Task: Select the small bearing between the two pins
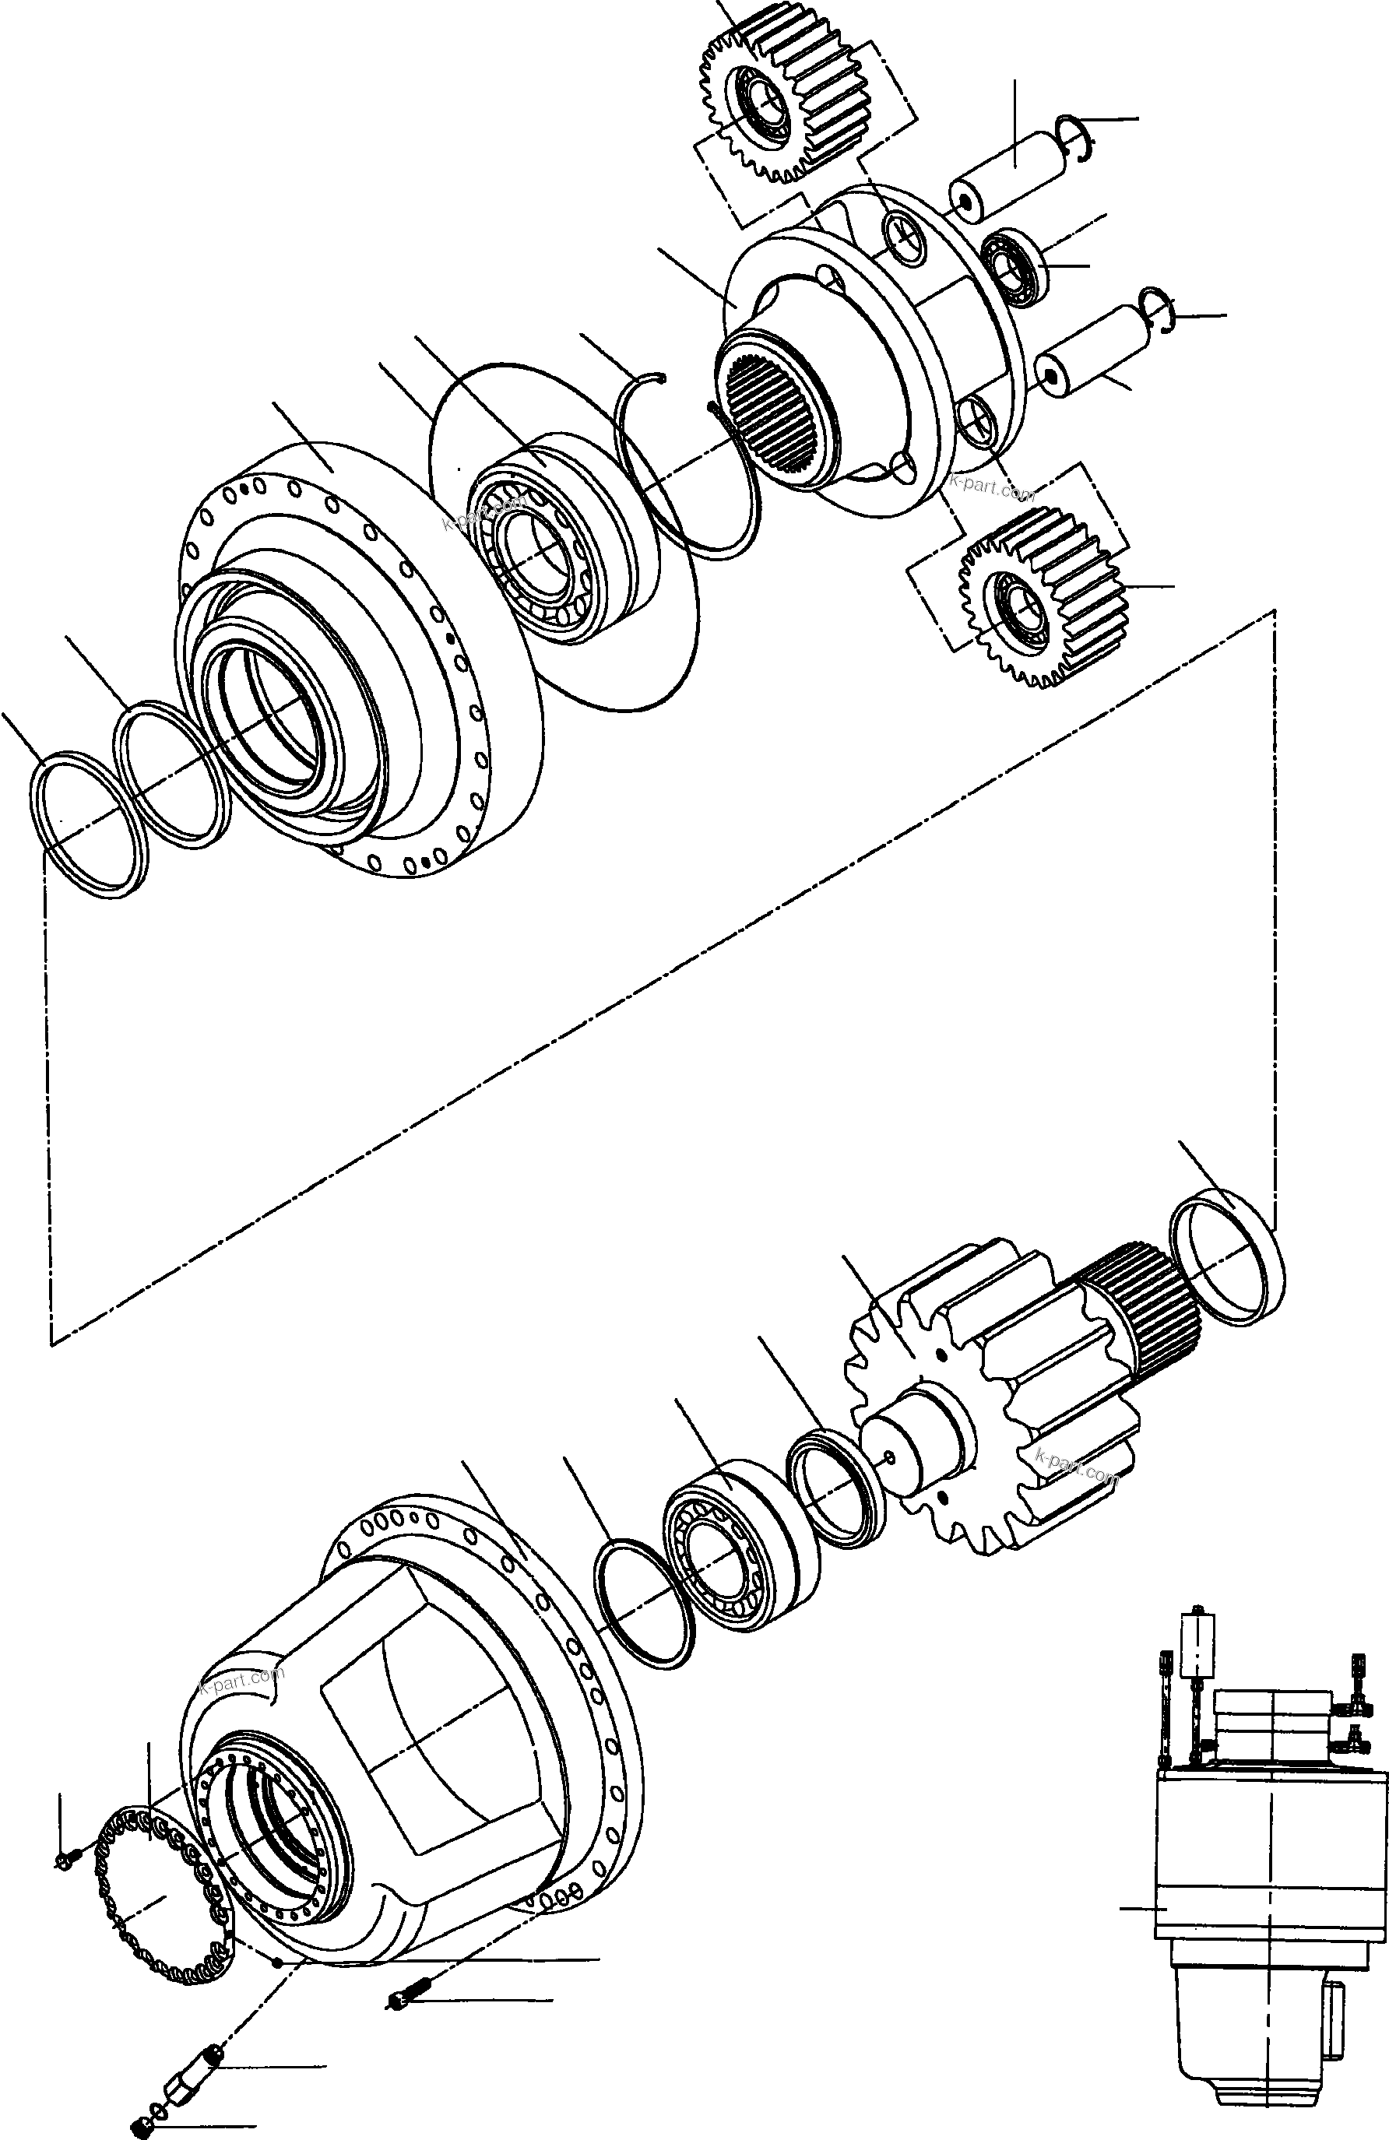pos(1012,265)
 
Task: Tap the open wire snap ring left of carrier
pos(684,468)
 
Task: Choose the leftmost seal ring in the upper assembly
pos(86,824)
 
